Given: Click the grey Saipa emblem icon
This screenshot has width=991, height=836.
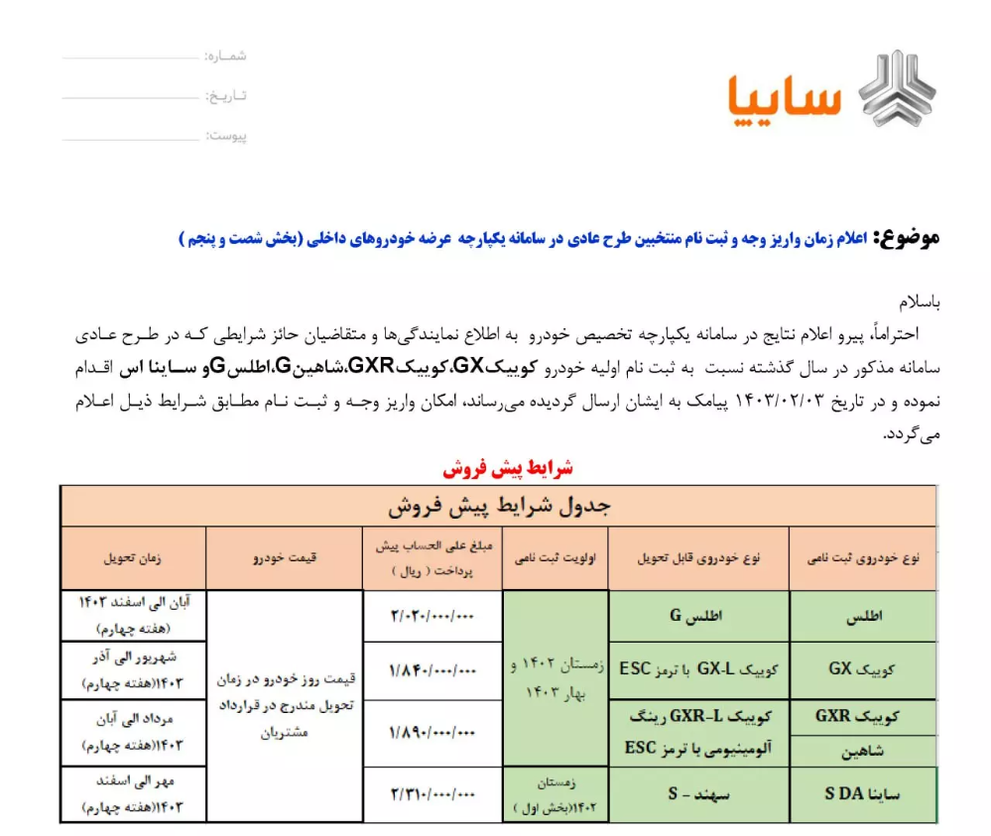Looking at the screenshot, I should (x=897, y=88).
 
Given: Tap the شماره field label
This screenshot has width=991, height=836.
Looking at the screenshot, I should (x=226, y=57).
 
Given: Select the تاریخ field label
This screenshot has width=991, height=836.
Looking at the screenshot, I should (x=226, y=96).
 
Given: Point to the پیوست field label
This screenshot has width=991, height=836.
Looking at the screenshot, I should (x=226, y=136).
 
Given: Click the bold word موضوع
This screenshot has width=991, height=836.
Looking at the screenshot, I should (x=905, y=238).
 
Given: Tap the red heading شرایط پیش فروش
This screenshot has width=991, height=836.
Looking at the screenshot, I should (x=507, y=468).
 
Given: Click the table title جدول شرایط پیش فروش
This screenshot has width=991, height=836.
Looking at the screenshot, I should (x=498, y=506).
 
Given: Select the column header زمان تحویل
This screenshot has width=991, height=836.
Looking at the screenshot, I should (x=133, y=558).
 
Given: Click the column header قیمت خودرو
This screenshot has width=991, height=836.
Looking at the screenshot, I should (x=285, y=558).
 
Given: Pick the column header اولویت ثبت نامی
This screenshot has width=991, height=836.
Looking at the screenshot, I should (x=555, y=558).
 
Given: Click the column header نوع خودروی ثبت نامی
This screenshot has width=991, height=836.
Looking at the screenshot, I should (x=862, y=558).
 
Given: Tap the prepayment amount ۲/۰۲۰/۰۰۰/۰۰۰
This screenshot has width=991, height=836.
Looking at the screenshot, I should (x=433, y=616).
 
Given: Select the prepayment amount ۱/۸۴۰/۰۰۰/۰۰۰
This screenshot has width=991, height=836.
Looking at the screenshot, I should (x=433, y=670).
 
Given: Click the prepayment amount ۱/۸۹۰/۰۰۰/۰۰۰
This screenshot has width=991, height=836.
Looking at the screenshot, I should (x=433, y=733).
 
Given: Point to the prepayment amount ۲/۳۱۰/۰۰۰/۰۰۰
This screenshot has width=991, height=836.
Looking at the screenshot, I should (x=433, y=794).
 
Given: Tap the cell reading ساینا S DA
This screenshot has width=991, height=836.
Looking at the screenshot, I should (x=862, y=794).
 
